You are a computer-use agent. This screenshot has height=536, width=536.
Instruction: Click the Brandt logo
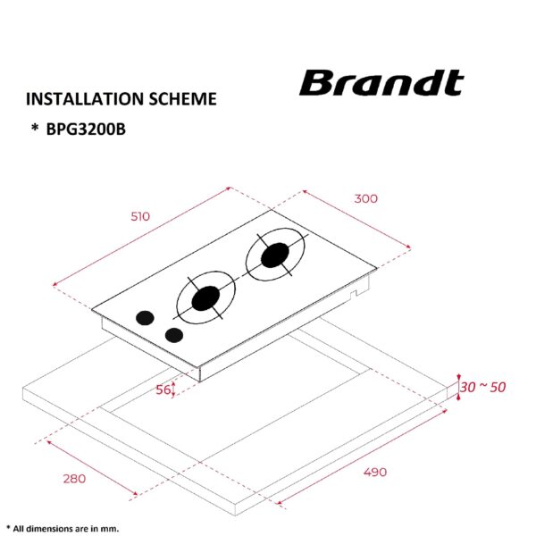coord(381,83)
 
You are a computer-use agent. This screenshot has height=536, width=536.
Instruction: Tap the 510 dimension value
coord(140,216)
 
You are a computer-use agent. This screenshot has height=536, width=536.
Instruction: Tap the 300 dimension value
coord(365,198)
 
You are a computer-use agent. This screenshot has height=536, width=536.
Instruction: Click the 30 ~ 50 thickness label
coord(483,387)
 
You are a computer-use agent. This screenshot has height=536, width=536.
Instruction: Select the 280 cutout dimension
coord(74,478)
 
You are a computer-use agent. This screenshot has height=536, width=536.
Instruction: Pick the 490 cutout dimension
coord(374,472)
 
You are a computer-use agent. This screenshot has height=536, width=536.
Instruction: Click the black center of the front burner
coord(206,297)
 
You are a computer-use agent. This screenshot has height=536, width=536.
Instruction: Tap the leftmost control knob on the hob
coord(143,317)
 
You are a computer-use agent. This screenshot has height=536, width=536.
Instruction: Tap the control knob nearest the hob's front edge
coord(173,335)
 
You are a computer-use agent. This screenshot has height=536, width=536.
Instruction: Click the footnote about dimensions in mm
coord(63,528)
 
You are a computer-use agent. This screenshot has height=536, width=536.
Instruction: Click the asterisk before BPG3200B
coord(35,130)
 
